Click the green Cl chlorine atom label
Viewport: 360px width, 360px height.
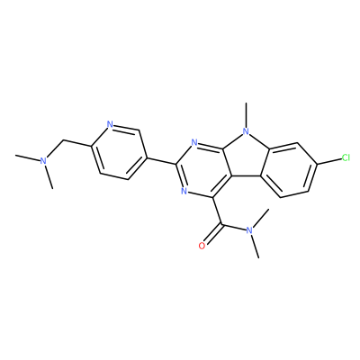pos(346,157)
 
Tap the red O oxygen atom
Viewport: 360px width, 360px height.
pos(202,246)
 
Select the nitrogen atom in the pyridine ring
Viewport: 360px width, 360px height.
pos(110,124)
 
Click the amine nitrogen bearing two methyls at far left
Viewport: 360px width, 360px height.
pos(44,161)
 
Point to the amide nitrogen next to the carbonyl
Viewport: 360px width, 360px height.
pos(248,230)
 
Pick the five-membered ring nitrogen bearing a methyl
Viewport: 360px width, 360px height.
pos(246,131)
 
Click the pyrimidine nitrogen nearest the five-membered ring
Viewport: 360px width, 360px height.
pos(194,142)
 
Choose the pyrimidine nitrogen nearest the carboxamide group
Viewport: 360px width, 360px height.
pos(184,191)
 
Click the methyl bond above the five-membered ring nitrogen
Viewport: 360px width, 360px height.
pos(246,114)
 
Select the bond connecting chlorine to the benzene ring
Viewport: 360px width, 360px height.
pos(329,161)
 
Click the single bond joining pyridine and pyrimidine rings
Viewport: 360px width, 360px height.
pos(161,160)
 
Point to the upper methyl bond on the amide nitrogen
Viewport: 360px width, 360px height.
pos(259,219)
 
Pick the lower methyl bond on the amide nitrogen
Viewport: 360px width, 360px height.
pos(254,247)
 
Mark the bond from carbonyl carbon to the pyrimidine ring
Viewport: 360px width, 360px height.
pos(217,211)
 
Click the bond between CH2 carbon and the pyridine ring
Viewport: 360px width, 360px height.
pos(77,143)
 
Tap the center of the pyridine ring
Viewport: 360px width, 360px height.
pos(119,152)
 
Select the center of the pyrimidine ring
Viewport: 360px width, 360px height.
pos(203,170)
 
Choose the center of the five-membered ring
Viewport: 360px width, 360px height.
pos(246,156)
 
